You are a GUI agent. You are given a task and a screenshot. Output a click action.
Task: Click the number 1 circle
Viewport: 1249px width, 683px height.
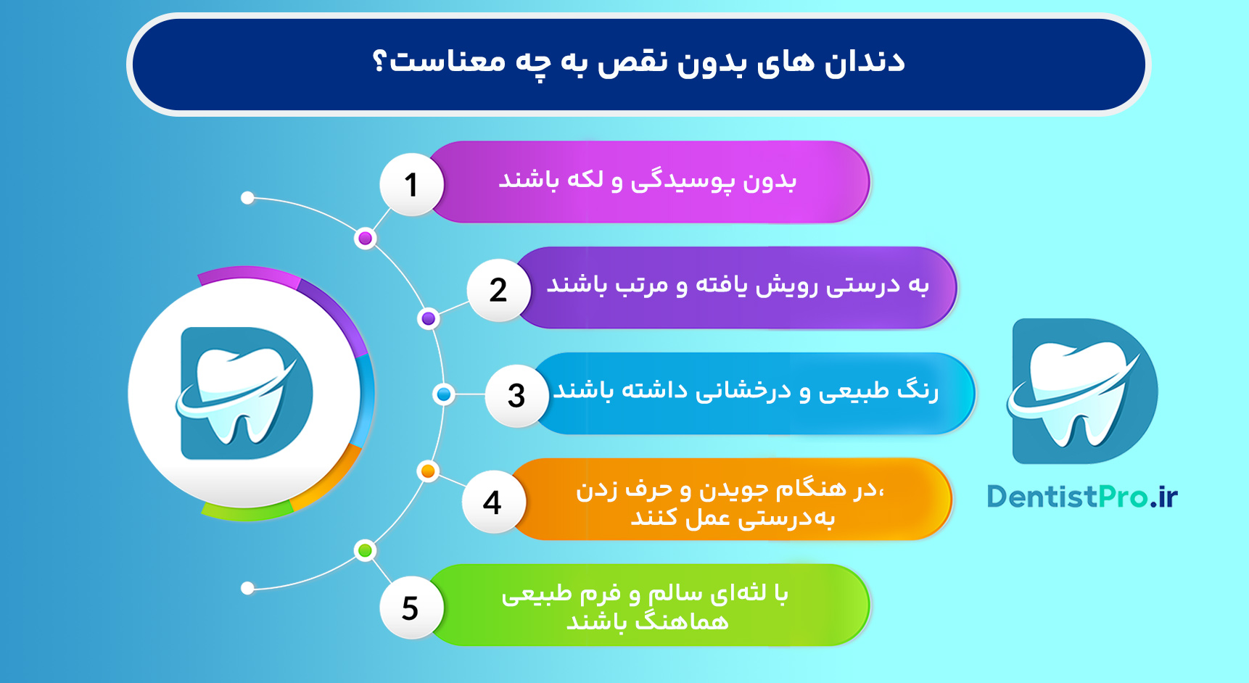pyautogui.click(x=411, y=184)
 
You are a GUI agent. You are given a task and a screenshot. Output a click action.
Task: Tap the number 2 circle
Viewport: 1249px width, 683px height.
pyautogui.click(x=498, y=290)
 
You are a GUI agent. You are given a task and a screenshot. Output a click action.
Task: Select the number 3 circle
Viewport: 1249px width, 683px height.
pyautogui.click(x=516, y=395)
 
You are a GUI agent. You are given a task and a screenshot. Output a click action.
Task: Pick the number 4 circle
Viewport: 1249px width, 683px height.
pyautogui.click(x=492, y=502)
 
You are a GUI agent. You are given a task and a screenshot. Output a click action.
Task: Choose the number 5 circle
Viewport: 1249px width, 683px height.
pyautogui.click(x=411, y=607)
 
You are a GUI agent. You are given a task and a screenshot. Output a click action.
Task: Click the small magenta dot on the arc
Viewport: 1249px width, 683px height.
pyautogui.click(x=366, y=239)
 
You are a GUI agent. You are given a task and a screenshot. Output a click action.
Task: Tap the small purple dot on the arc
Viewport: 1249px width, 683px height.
pyautogui.click(x=429, y=318)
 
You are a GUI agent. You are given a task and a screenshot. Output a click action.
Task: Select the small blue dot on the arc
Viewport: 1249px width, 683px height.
pyautogui.click(x=443, y=394)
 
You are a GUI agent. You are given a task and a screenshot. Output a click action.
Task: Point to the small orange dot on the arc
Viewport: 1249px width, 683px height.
pyautogui.click(x=428, y=471)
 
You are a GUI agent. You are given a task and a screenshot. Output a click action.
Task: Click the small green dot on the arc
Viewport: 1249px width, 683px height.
pyautogui.click(x=366, y=550)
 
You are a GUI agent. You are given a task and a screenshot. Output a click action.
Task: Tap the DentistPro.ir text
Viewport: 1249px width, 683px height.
pyautogui.click(x=1081, y=497)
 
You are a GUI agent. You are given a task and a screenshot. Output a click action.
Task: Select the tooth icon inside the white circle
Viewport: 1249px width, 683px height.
pyautogui.click(x=244, y=394)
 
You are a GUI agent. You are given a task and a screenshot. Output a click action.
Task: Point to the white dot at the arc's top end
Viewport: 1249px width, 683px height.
pyautogui.click(x=247, y=198)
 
